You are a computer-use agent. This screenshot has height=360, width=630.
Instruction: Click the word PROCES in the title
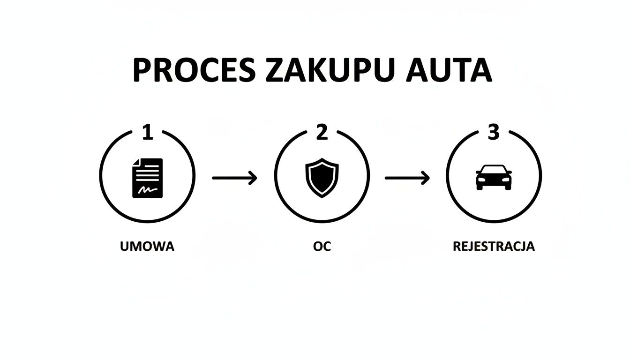[x=194, y=71]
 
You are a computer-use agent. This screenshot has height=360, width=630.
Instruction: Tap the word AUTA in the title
[x=450, y=71]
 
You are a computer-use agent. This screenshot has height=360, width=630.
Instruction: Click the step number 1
[x=147, y=133]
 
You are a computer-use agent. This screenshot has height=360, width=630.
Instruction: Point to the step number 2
[x=322, y=133]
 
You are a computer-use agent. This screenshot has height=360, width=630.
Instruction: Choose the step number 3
[x=494, y=133]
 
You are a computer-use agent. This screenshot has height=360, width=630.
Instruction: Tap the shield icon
[x=322, y=177]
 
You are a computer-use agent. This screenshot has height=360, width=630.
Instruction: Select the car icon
[x=494, y=177]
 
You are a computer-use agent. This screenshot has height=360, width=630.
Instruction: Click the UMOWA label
[x=147, y=247]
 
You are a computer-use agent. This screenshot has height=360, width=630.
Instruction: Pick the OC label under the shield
[x=322, y=247]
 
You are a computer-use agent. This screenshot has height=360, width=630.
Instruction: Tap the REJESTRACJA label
[x=494, y=247]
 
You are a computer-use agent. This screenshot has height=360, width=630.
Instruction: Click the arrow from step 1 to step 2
[x=234, y=178]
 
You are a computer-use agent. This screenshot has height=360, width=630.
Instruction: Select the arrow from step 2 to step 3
[x=407, y=178]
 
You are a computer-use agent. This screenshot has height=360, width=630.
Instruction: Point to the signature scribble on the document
[x=147, y=189]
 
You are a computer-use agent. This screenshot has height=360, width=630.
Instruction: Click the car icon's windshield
[x=494, y=169]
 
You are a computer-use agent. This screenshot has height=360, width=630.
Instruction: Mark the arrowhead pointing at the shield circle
[x=254, y=178]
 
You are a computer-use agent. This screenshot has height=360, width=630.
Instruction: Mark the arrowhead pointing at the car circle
[x=426, y=178]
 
